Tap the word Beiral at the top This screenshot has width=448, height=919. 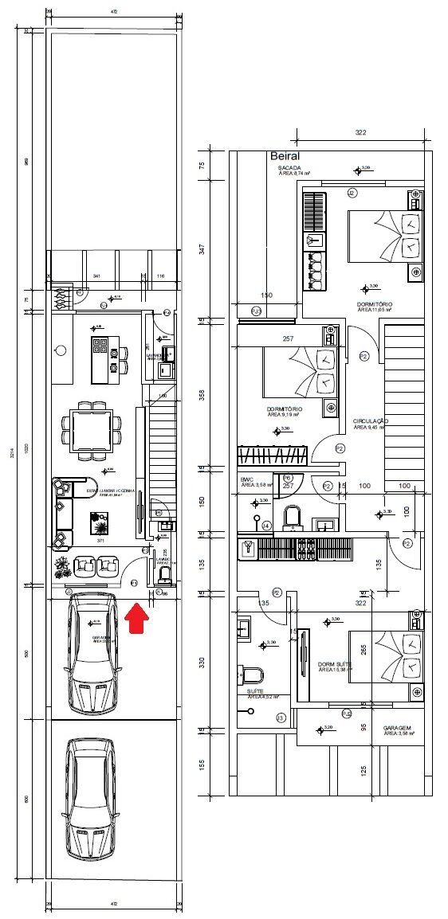click(284, 157)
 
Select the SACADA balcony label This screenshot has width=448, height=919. click(289, 169)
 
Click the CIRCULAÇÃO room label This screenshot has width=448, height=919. click(370, 421)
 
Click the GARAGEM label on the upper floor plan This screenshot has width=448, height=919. click(396, 728)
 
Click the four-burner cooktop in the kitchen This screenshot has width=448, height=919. click(101, 345)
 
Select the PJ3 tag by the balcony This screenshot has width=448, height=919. click(257, 311)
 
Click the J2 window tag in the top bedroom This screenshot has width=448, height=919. click(352, 193)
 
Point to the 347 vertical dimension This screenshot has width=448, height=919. click(202, 248)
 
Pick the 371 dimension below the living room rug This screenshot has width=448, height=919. click(100, 541)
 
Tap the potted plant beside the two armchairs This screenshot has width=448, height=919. click(62, 568)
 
